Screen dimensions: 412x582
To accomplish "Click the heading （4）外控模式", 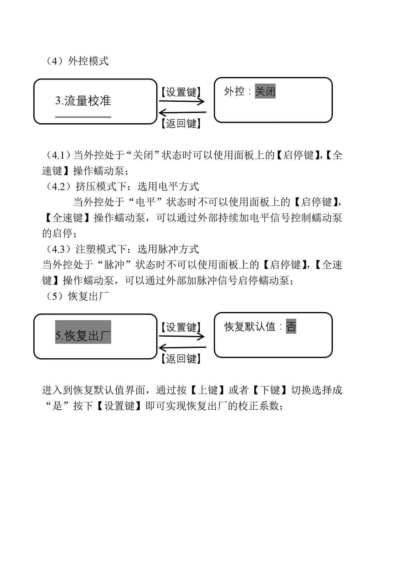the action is coord(77,61).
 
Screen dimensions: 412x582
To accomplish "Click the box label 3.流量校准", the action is coord(83,101).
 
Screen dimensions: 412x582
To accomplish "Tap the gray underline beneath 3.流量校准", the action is coord(83,117).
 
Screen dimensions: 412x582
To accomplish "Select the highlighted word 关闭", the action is coord(265,91).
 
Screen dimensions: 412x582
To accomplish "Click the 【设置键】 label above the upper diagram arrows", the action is coord(181,92).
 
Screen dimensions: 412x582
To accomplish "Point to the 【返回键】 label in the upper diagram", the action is coord(181,123).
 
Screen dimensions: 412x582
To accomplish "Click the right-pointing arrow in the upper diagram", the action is coord(182,101).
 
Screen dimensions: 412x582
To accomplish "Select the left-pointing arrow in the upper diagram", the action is coord(183,113).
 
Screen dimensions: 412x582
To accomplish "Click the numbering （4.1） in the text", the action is coord(58,155).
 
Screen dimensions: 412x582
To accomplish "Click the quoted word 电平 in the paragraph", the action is coord(146,202).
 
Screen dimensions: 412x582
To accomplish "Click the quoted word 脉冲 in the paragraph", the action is coord(115,265).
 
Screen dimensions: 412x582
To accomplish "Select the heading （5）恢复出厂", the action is coord(77,296).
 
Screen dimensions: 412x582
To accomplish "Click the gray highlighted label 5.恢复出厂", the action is coord(83,332).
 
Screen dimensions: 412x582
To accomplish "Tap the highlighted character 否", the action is coord(291,326).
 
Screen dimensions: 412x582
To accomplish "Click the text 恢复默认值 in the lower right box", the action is coord(250,326).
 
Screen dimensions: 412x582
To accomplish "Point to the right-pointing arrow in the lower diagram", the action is coord(182,336).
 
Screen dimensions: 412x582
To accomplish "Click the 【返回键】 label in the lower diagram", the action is coord(181,359).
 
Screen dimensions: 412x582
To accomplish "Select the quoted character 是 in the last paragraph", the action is coord(57,406).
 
